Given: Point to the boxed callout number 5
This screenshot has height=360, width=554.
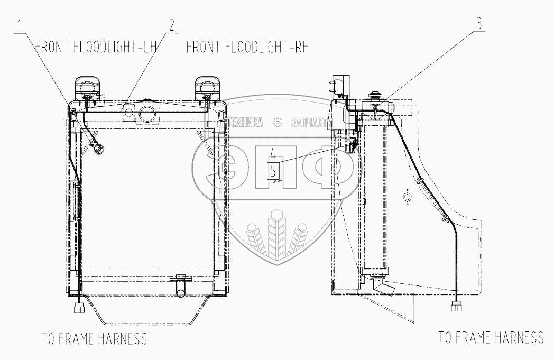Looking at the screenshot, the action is (273, 170).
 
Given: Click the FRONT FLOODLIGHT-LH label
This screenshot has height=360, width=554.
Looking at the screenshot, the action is (97, 48).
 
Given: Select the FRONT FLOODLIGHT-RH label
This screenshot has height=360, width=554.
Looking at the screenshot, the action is (247, 48).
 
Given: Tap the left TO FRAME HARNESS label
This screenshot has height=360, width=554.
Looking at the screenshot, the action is (94, 338).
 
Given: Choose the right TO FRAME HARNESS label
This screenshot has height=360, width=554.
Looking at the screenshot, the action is (491, 337).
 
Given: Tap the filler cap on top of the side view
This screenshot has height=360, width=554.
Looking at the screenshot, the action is (374, 97).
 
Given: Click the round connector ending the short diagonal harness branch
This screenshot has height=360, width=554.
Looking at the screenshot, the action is (98, 150).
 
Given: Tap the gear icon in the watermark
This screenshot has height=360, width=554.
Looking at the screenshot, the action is (276, 123).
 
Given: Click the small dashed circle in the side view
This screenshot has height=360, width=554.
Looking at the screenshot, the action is (407, 198).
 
